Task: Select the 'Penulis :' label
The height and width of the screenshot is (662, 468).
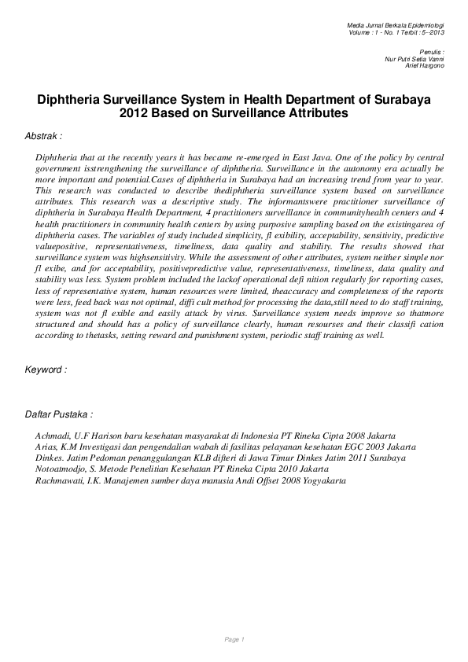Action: coord(432,51)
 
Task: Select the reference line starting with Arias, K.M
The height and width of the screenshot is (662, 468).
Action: coord(226,447)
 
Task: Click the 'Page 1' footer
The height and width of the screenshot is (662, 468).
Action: coord(234,639)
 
